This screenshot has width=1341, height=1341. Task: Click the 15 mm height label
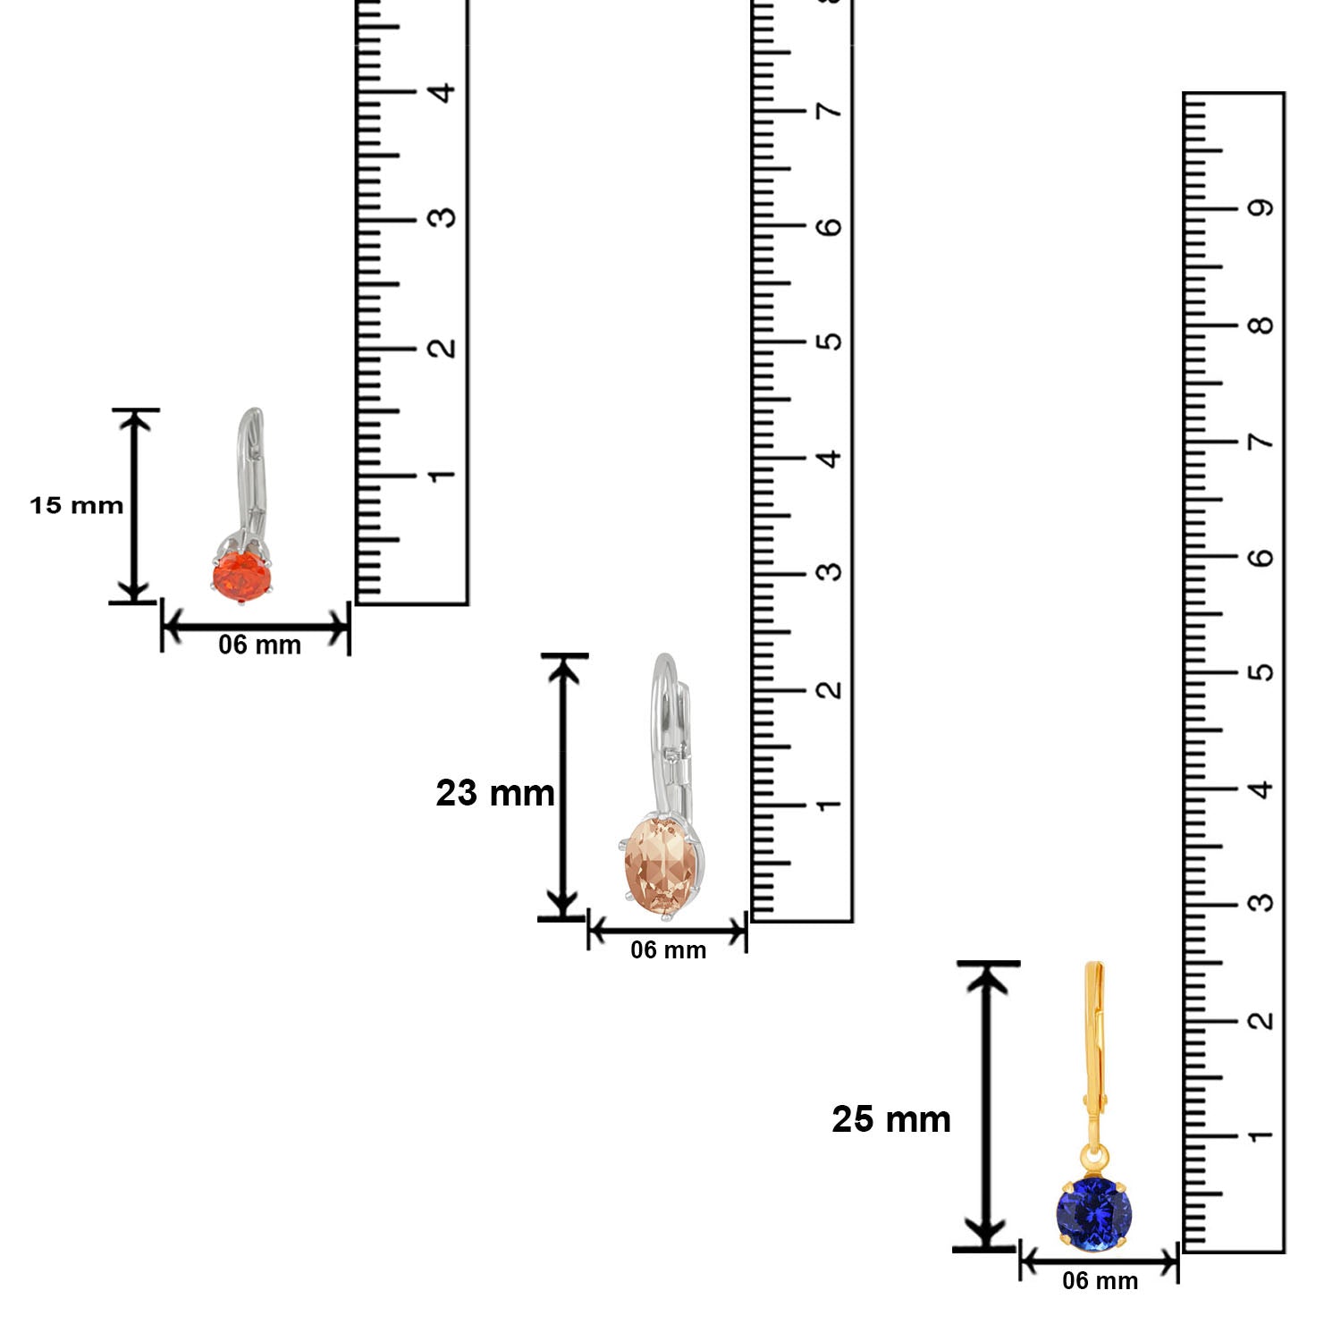pyautogui.click(x=77, y=505)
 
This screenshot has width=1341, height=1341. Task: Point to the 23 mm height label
pyautogui.click(x=495, y=793)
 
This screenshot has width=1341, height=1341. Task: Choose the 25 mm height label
pyautogui.click(x=891, y=1119)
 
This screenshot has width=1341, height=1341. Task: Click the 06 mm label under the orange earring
pyautogui.click(x=259, y=645)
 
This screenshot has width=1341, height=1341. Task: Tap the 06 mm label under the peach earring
pyautogui.click(x=668, y=949)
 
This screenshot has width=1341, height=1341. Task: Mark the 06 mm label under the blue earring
pyautogui.click(x=1100, y=1280)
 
